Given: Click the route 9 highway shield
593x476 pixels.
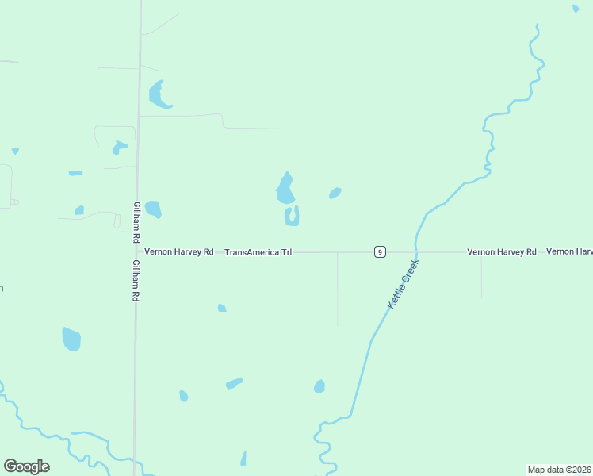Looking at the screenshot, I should tap(381, 251).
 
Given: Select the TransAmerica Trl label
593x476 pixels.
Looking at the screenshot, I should tap(258, 252).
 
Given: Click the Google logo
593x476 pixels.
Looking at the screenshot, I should tap(26, 466).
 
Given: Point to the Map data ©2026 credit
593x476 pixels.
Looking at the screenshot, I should tap(560, 470).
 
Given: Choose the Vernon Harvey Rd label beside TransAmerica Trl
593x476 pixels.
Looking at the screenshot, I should tap(180, 252).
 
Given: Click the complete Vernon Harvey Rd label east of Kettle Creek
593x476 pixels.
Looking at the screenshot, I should tap(502, 252).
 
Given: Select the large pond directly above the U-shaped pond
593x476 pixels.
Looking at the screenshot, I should tap(285, 190).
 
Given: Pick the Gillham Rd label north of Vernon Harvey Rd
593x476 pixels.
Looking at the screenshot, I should tap(137, 222).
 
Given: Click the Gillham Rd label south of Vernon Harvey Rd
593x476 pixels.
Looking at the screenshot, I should tap(136, 280).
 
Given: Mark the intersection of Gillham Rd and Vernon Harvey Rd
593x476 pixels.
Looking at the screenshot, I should tap(137, 251).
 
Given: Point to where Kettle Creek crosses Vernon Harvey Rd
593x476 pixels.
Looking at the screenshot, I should tap(415, 251).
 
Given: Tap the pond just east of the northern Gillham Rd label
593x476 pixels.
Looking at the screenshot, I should tap(153, 209).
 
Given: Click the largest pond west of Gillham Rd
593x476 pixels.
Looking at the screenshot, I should tap(71, 339).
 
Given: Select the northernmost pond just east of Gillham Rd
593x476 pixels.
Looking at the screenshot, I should tap(158, 94).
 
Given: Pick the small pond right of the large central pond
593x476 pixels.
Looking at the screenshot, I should tap(335, 193).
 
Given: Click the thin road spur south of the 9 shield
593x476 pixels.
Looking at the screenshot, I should tap(338, 290).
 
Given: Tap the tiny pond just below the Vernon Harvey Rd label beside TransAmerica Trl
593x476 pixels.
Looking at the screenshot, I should tap(222, 308).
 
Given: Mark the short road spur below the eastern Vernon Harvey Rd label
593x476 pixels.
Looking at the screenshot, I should tap(481, 277).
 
